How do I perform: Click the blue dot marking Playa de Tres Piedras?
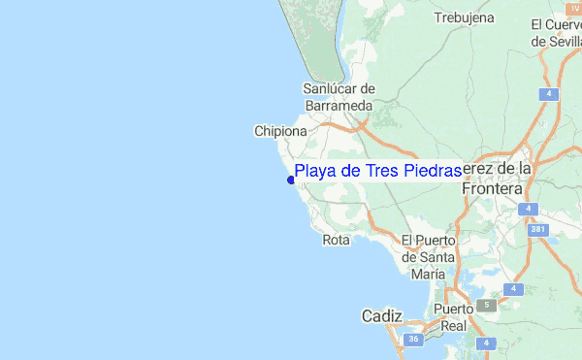290,179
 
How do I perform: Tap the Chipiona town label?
280,131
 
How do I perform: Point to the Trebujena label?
464,17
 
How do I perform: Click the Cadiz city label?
380,316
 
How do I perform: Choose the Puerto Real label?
454,317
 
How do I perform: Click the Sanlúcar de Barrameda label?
339,96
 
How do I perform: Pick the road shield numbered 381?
538,229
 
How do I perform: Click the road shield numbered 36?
414,339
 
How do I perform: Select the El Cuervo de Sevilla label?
556,32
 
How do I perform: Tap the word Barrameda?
339,105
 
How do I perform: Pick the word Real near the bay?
454,326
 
